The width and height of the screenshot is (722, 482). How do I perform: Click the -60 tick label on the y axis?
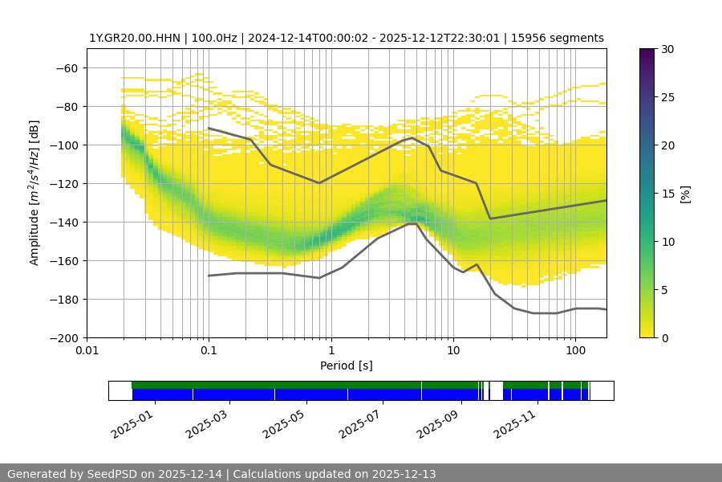coord(67,67)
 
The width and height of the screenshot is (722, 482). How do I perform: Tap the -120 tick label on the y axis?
coord(63,183)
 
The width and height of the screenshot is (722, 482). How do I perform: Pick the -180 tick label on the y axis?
coord(63,299)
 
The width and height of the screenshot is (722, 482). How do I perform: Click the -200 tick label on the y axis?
coord(63,337)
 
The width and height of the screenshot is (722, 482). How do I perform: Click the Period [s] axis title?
coord(347,366)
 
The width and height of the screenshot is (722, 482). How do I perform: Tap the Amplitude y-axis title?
coord(34,193)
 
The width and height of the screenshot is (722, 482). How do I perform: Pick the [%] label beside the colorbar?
coord(685,193)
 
